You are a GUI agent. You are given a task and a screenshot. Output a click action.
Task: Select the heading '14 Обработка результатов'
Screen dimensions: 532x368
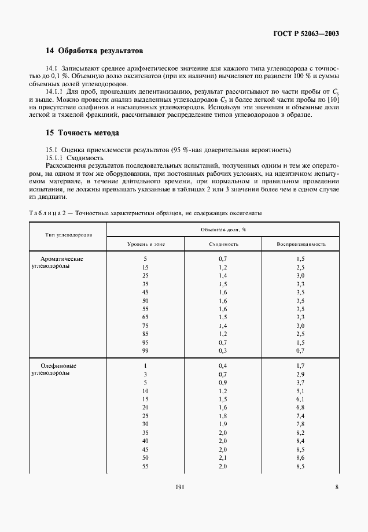pyautogui.click(x=94, y=51)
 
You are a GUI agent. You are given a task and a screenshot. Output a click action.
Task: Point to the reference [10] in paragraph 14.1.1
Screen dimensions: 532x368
pyautogui.click(x=333, y=99)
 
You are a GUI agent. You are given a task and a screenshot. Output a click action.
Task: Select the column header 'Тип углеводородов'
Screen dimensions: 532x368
pyautogui.click(x=68, y=236)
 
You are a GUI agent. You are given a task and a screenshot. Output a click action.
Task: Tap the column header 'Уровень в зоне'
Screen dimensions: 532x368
pyautogui.click(x=146, y=244)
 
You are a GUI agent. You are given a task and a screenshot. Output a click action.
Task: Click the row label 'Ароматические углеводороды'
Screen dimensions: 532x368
pyautogui.click(x=61, y=263)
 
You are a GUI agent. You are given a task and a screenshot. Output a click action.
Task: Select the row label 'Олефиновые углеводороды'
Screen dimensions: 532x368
pyautogui.click(x=58, y=371)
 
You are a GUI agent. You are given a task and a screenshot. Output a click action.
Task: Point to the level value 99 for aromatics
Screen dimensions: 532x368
pyautogui.click(x=146, y=350)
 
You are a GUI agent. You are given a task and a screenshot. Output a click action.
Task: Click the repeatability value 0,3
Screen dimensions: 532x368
pyautogui.click(x=223, y=350)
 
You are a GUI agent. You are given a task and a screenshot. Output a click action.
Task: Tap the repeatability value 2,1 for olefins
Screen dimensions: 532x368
pyautogui.click(x=223, y=457)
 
